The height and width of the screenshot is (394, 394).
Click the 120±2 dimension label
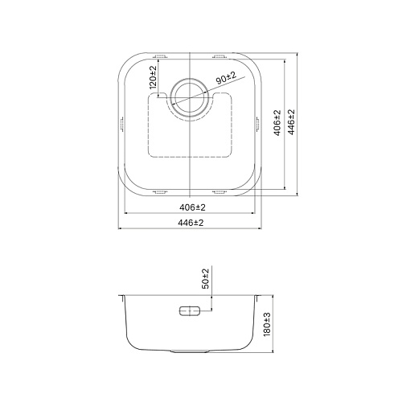[x=153, y=77]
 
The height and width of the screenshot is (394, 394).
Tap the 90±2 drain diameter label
[x=226, y=78]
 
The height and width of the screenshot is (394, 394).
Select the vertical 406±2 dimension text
[x=277, y=123]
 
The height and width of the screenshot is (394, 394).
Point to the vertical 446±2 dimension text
[x=291, y=122]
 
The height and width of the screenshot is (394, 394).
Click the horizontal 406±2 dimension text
[x=192, y=207]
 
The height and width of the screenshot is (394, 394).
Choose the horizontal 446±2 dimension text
[x=191, y=223]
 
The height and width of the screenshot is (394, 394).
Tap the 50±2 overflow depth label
[x=206, y=278]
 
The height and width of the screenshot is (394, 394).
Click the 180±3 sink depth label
[x=267, y=325]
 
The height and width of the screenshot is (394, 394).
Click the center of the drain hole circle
[x=190, y=97]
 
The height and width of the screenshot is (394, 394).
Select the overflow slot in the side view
[x=190, y=311]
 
